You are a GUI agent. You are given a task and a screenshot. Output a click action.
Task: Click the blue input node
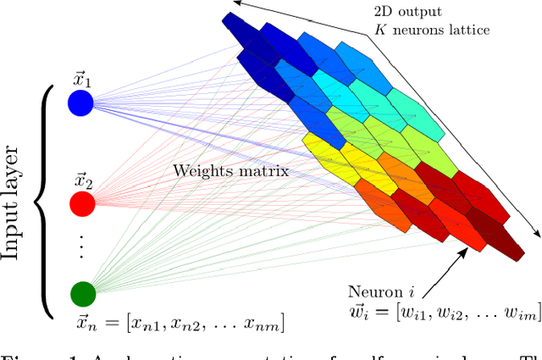click(82, 102)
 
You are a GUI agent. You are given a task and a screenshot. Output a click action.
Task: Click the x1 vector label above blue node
click(82, 81)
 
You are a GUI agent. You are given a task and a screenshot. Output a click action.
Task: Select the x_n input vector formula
click(180, 323)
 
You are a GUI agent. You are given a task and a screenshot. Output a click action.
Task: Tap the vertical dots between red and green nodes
click(82, 246)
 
